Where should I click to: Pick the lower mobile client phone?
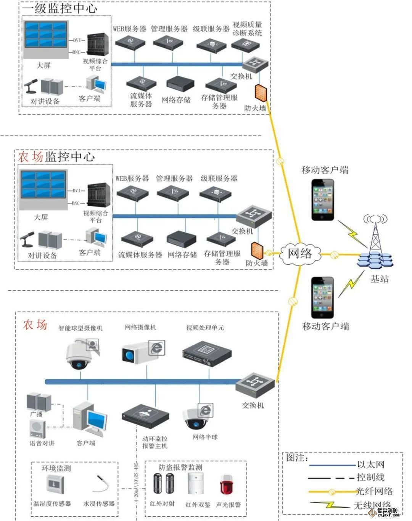[322, 297]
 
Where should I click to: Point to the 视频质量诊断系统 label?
[247, 29]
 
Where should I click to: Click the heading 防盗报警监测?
[180, 467]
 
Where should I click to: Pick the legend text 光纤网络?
[374, 491]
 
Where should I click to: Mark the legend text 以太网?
[370, 465]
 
